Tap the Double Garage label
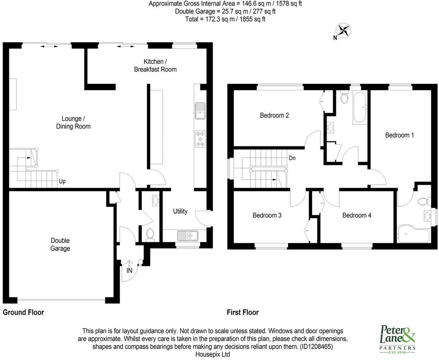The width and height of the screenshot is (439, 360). (60, 244)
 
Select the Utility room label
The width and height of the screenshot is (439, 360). (180, 211)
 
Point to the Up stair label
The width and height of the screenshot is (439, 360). (62, 182)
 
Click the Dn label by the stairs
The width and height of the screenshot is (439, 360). (292, 158)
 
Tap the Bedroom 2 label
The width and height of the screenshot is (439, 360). (274, 116)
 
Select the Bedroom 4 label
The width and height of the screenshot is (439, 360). (357, 215)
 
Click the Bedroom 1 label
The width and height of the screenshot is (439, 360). (399, 135)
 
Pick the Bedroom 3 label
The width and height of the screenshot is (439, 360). (267, 215)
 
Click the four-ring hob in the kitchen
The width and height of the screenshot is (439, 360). (200, 138)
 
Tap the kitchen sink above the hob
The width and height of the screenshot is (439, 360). (200, 111)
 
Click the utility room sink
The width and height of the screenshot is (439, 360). (187, 235)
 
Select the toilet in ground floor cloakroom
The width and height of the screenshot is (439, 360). (149, 234)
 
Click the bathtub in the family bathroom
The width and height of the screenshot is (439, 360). (360, 107)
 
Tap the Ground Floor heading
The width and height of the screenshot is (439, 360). (24, 313)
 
